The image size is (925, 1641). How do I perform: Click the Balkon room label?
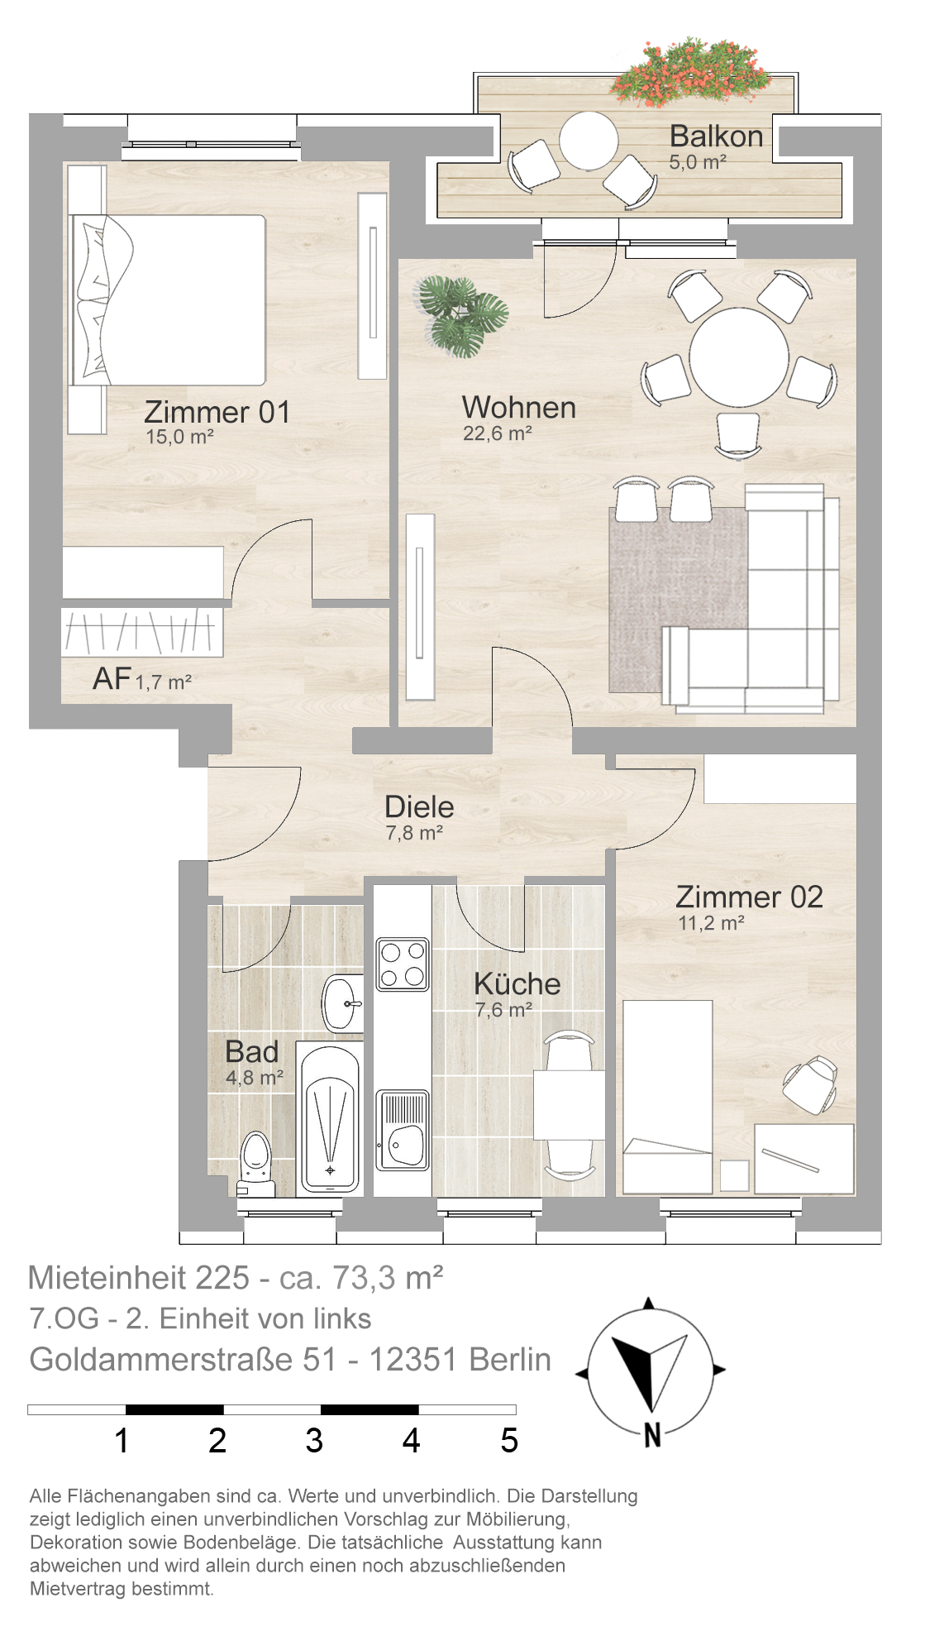tap(716, 136)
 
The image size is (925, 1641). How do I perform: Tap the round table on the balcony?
tap(589, 141)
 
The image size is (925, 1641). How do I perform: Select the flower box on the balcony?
tap(692, 73)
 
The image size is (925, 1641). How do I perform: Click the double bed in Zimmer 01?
tap(169, 300)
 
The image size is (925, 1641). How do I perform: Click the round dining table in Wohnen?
tap(739, 357)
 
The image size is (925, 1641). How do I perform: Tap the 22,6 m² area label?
tap(498, 433)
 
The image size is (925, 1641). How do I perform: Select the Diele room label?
tap(419, 806)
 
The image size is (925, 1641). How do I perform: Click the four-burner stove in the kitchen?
tap(403, 964)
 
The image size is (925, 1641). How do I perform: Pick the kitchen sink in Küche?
tap(403, 1130)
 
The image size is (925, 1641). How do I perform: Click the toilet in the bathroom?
tap(255, 1163)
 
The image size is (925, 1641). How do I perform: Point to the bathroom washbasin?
tap(342, 1003)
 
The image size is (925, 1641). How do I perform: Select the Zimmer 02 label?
tap(749, 897)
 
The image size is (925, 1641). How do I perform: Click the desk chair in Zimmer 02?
tap(810, 1084)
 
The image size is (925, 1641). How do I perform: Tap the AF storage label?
tap(112, 679)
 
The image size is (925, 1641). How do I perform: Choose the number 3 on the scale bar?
tap(314, 1441)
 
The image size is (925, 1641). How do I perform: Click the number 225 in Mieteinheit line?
tap(222, 1278)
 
